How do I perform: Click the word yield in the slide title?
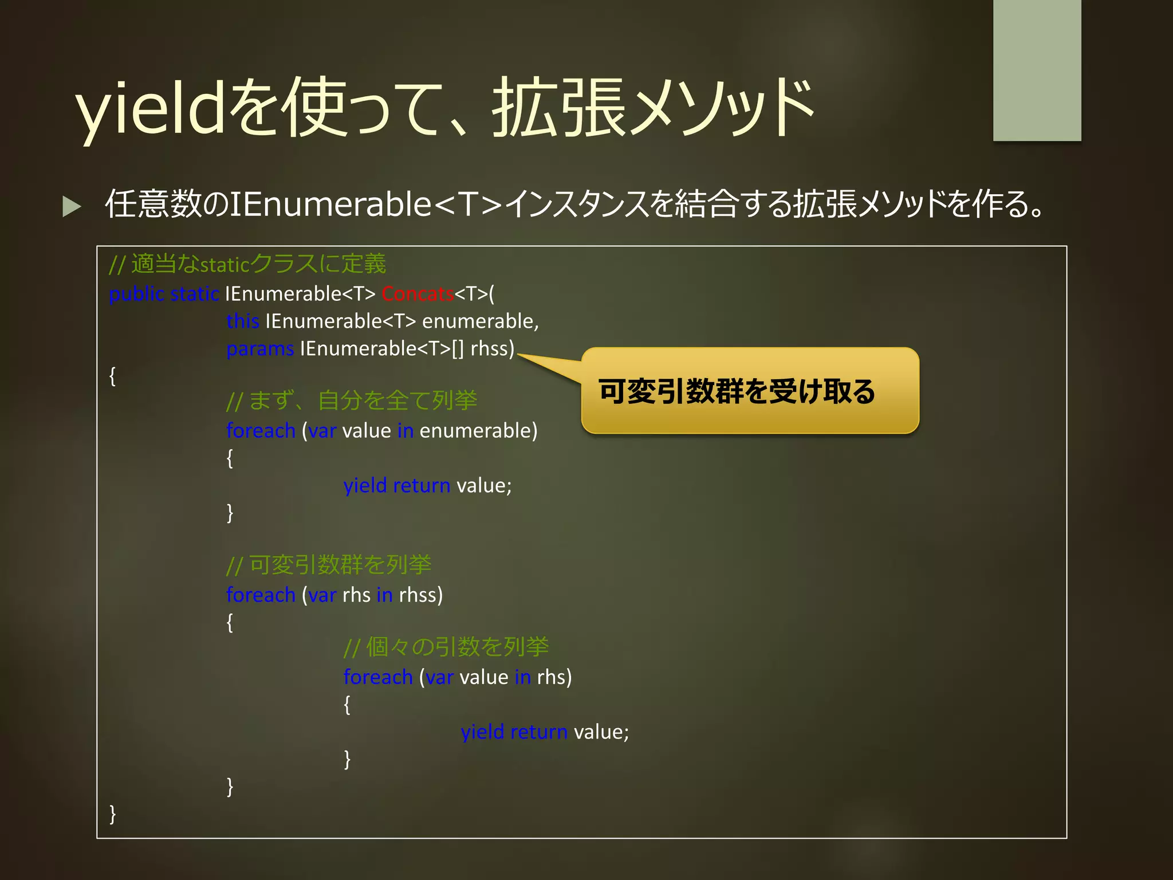[x=150, y=109]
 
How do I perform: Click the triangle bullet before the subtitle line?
[x=72, y=206]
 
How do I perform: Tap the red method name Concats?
[x=418, y=294]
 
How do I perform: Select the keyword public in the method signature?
[x=136, y=294]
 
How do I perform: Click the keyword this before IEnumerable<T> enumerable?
[x=243, y=321]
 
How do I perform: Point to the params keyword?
[x=260, y=349]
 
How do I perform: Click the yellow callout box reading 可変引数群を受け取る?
[x=750, y=391]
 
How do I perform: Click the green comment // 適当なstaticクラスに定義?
[x=247, y=264]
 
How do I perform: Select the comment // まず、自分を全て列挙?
[x=352, y=400]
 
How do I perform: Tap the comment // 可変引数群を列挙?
[x=329, y=565]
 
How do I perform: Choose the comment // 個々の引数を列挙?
[x=446, y=647]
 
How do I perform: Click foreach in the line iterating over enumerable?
[x=261, y=431]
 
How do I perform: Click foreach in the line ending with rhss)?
[x=261, y=595]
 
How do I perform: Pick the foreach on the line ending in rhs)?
[x=378, y=677]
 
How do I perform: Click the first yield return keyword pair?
[x=396, y=486]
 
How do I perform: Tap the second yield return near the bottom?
[x=514, y=732]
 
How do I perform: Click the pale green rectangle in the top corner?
[x=1037, y=70]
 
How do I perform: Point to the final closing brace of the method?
[x=113, y=814]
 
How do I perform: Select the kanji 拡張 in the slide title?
[x=558, y=109]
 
